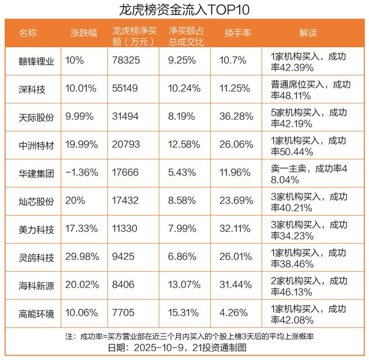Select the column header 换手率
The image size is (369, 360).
point(238,33)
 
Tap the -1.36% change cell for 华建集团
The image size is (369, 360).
point(82,172)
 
